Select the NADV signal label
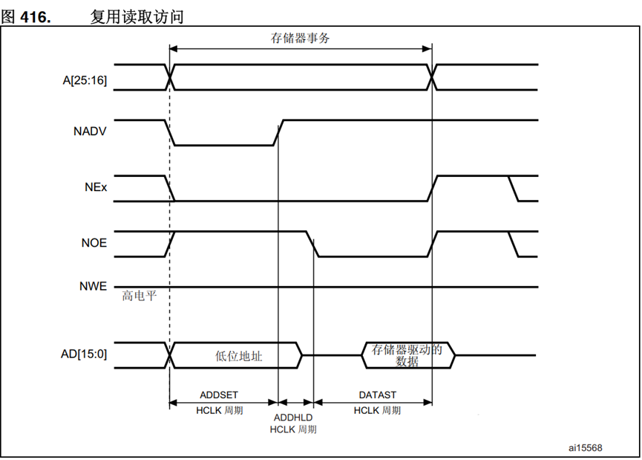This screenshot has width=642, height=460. (91, 132)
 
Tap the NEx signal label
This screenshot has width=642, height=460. (96, 187)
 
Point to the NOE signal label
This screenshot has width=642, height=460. (94, 243)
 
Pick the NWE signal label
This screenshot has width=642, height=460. (93, 286)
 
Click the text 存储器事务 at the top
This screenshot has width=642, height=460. (300, 39)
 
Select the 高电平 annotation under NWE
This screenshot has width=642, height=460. (140, 296)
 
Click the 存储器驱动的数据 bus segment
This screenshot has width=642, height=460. (407, 355)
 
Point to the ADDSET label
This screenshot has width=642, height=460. (219, 395)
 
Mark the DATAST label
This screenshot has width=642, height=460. (378, 395)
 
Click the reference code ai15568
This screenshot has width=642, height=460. (586, 447)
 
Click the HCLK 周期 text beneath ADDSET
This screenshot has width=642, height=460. (220, 410)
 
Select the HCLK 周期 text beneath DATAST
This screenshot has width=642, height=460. (377, 410)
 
